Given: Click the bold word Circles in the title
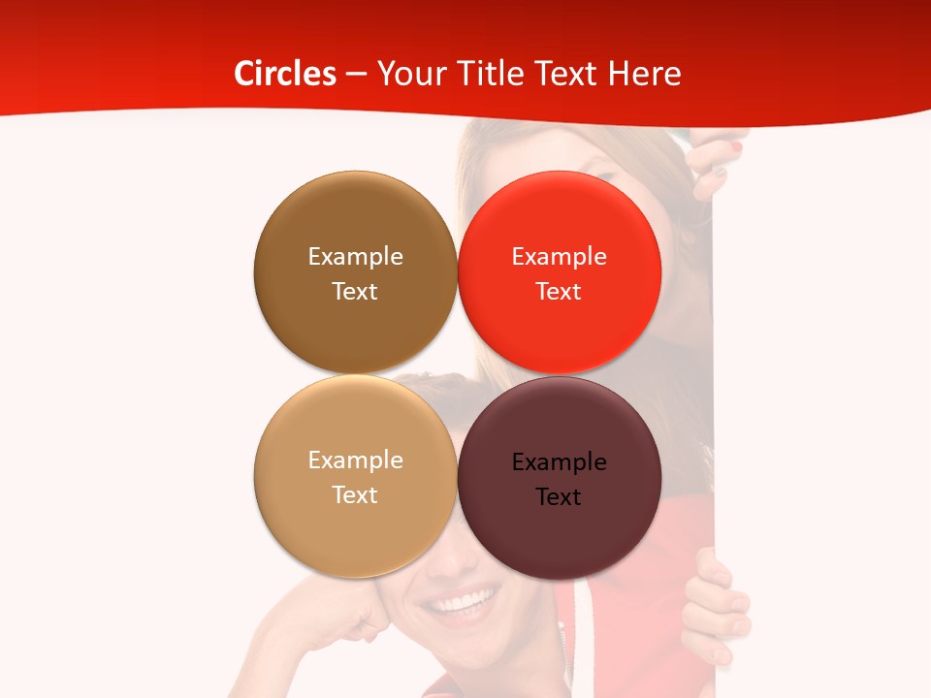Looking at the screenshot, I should pos(285,74).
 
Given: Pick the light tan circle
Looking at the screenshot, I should pos(355,533).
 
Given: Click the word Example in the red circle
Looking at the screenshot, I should pos(560,256).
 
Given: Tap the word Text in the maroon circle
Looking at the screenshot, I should pos(559,496).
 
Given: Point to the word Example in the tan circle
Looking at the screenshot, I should pos(355,460).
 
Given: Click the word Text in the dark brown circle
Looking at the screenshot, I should pos(355,291).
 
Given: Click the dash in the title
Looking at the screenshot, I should pos(356,74).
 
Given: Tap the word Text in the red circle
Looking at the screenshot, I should pos(559,291).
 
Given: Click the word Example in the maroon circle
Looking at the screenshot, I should pos(560,461).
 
